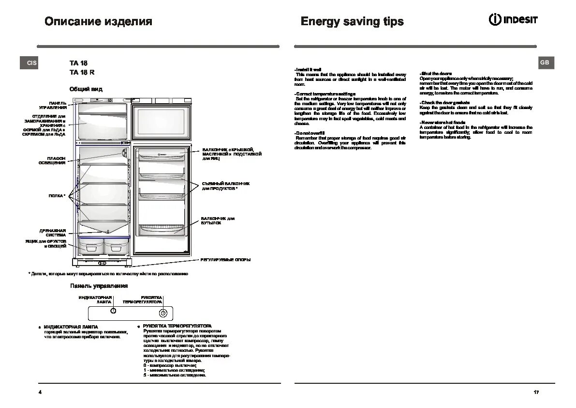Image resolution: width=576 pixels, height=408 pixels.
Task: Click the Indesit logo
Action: (513, 20)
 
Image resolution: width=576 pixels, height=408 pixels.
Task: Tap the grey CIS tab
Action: (29, 63)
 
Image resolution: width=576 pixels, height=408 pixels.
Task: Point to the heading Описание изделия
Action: (98, 21)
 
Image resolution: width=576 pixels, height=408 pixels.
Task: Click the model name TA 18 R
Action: (82, 72)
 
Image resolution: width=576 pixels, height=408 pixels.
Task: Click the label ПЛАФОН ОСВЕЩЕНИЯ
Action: (52, 161)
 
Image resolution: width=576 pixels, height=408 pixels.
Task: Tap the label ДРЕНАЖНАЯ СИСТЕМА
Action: (53, 233)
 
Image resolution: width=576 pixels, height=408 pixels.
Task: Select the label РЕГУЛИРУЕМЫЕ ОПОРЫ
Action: (226, 260)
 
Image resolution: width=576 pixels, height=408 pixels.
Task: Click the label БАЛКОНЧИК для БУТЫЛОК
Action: (218, 220)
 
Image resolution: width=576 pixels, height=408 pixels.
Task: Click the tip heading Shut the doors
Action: (435, 74)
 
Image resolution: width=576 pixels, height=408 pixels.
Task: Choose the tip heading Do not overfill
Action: (310, 133)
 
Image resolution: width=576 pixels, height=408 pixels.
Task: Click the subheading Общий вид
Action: (86, 89)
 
